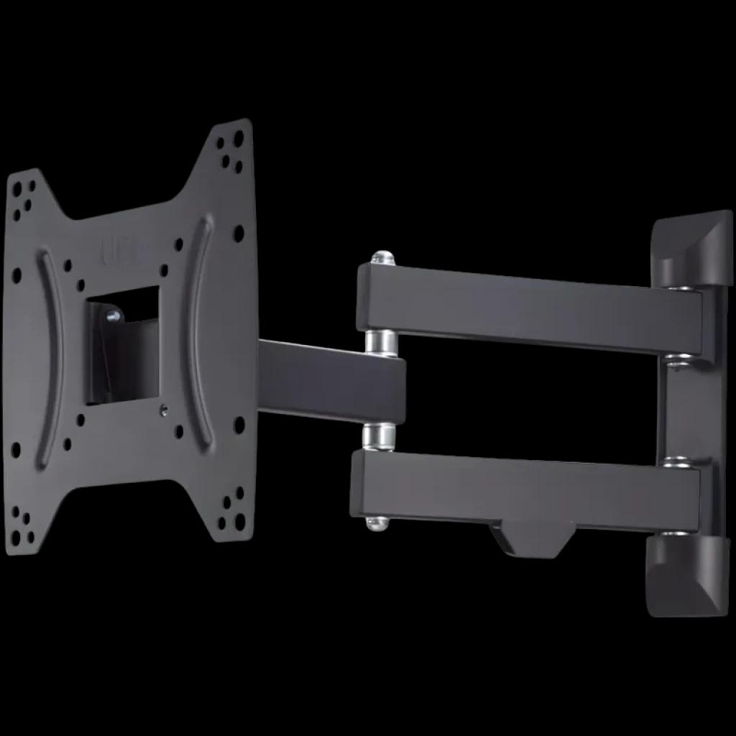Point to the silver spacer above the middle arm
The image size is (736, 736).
[x=380, y=342]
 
